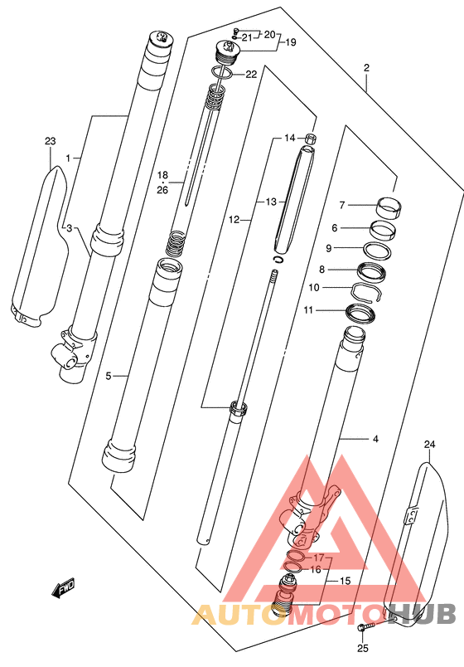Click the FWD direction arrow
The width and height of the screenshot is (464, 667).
[63, 588]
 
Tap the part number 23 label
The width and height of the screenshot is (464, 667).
[51, 141]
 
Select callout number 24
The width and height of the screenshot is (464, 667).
[429, 445]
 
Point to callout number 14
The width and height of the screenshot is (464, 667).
[290, 138]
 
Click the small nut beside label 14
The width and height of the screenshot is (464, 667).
[311, 139]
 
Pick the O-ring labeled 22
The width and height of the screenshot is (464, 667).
[222, 73]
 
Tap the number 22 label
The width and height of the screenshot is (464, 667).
[252, 74]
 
